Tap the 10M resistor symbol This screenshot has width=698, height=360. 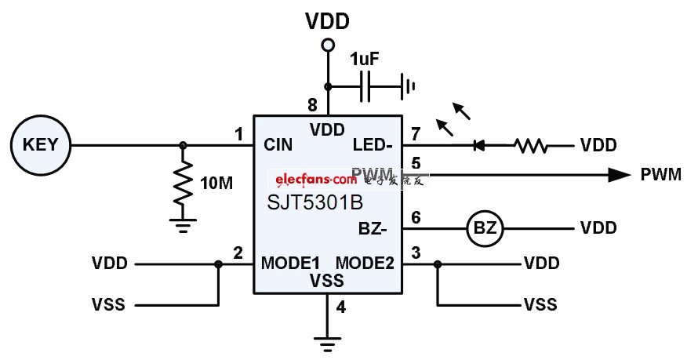pos(184,182)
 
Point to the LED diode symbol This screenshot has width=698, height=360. pos(479,145)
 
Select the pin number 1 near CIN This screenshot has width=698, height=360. pos(238,134)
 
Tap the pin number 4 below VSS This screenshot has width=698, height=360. pos(340,307)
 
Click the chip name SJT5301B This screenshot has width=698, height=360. pos(314,203)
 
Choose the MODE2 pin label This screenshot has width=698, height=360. pos(365,262)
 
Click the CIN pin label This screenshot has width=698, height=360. pos(278,144)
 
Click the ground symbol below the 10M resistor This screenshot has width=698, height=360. pos(184,227)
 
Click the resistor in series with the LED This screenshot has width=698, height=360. pos(532,145)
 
